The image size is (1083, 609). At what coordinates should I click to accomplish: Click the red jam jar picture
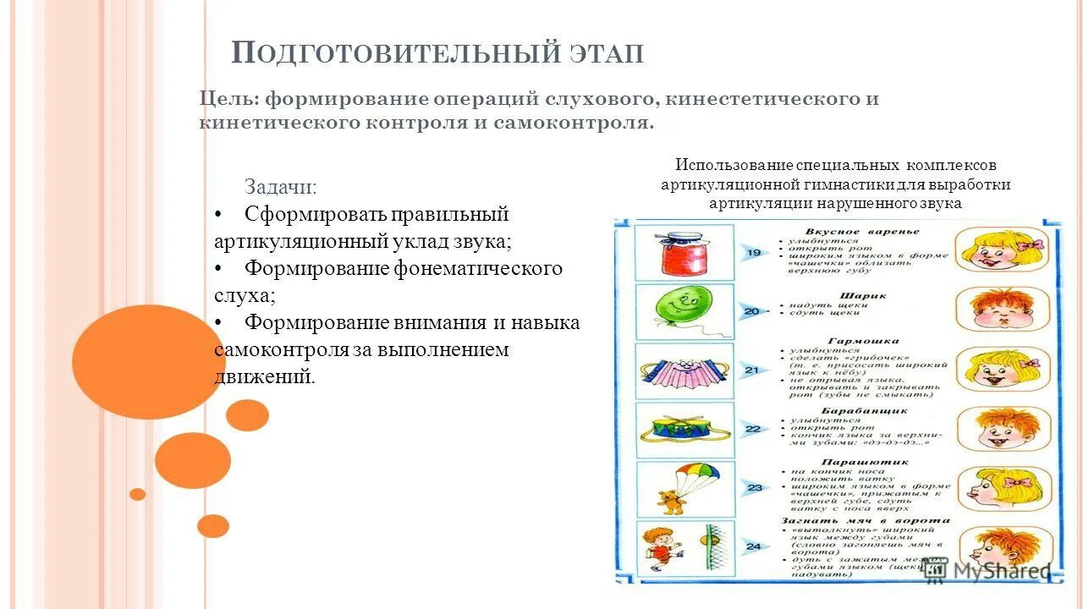tap(684, 251)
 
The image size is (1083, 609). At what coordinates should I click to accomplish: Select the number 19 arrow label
tap(752, 252)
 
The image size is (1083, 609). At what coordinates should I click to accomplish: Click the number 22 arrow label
tap(752, 429)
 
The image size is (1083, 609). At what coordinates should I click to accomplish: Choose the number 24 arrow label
tap(752, 546)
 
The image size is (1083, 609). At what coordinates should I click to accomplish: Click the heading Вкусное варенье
tap(862, 231)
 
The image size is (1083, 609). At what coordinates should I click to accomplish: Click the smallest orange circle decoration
tap(137, 494)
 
